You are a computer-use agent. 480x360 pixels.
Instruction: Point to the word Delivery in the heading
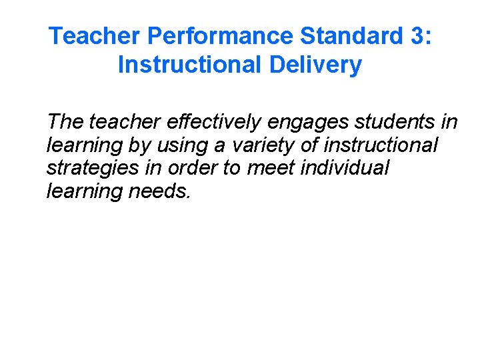317,65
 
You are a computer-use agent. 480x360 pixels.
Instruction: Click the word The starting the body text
65,122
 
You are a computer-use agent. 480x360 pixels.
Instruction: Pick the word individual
344,167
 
